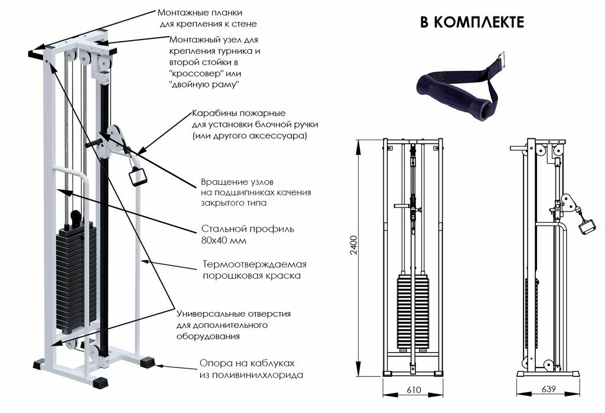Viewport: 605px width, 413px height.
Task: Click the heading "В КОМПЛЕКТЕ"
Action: [x=471, y=22]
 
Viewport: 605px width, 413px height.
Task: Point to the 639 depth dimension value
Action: [x=547, y=390]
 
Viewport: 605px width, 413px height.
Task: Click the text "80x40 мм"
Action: [x=222, y=241]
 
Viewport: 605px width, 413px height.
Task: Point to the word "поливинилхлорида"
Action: [x=251, y=375]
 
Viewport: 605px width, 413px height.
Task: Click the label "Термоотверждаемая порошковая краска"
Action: [x=254, y=269]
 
